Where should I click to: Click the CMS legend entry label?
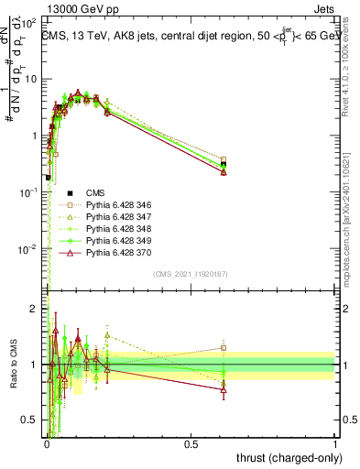click(x=95, y=192)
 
